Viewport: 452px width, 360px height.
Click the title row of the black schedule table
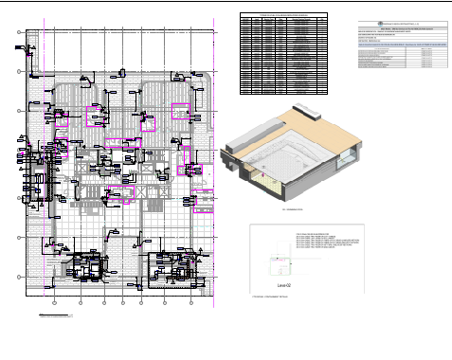pos(284,16)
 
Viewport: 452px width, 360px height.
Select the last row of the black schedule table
pos(284,92)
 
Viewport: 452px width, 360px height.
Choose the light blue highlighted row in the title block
pos(397,45)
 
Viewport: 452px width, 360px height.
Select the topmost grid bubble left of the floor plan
pos(20,33)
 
